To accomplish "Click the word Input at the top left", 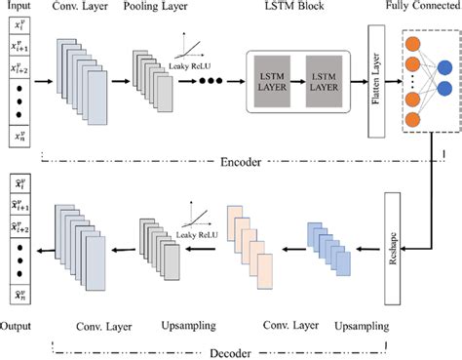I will tap(18, 8).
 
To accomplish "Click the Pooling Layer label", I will tap(152, 9).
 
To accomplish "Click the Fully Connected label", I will tap(423, 9).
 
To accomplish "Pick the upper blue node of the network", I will tap(443, 67).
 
